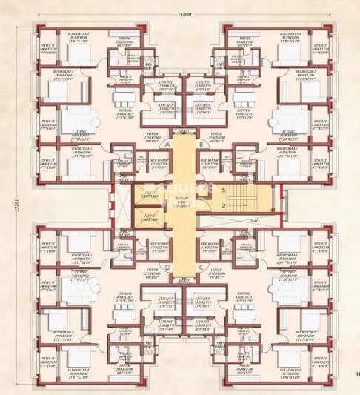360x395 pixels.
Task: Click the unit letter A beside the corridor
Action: point(169,145)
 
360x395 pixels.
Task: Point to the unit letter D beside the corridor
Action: point(169,268)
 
